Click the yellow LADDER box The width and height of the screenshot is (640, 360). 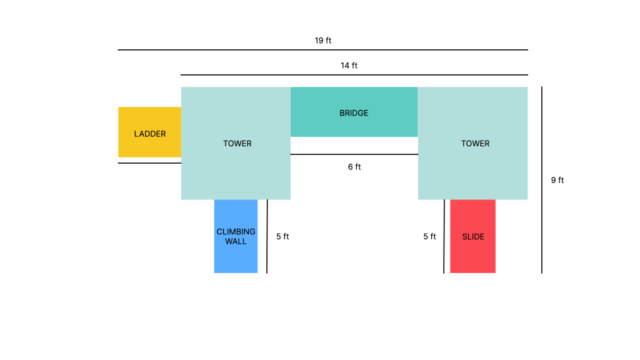(150, 132)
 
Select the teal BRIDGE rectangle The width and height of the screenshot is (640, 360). (354, 112)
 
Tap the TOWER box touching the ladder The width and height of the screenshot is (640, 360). (236, 143)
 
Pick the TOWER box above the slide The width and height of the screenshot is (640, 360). (472, 143)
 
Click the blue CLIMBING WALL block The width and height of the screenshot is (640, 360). (236, 236)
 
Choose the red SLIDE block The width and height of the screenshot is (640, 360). (472, 236)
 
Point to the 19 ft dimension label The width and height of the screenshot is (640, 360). (323, 41)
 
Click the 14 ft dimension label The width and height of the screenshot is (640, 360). (349, 65)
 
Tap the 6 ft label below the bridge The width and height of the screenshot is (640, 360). (354, 167)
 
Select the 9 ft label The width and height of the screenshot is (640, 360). (557, 180)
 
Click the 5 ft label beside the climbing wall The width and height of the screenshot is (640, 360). (282, 237)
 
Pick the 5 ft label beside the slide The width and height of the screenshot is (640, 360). (429, 237)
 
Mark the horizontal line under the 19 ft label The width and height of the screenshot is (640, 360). (323, 50)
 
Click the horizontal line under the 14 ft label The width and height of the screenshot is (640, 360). (354, 75)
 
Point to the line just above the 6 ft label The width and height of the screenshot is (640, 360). (354, 154)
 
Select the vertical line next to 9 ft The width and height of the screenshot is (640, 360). (542, 180)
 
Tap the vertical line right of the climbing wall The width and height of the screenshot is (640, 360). (267, 236)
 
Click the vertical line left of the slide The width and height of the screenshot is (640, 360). (444, 236)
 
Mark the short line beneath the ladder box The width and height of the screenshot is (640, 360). (149, 163)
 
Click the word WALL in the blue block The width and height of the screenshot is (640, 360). (236, 242)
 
